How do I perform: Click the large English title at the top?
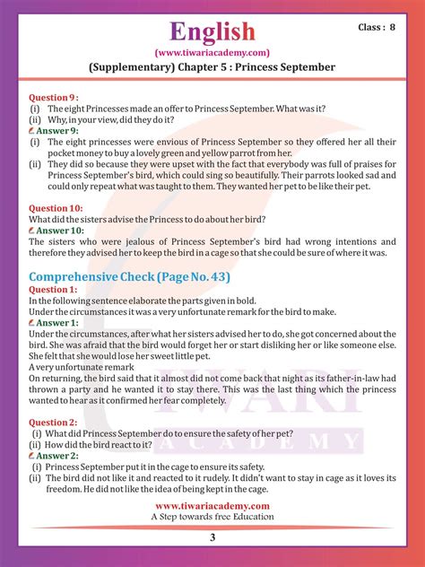(212, 32)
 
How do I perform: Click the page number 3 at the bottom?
(212, 536)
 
